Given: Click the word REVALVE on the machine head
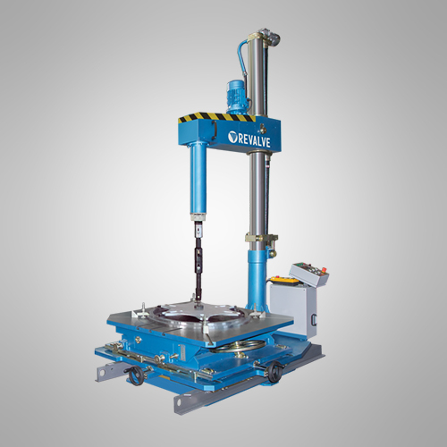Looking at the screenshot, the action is [254, 140].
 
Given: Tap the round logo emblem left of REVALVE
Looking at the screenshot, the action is [232, 137].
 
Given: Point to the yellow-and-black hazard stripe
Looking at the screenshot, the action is [217, 118].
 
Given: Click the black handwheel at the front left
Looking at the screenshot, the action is [134, 376].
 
